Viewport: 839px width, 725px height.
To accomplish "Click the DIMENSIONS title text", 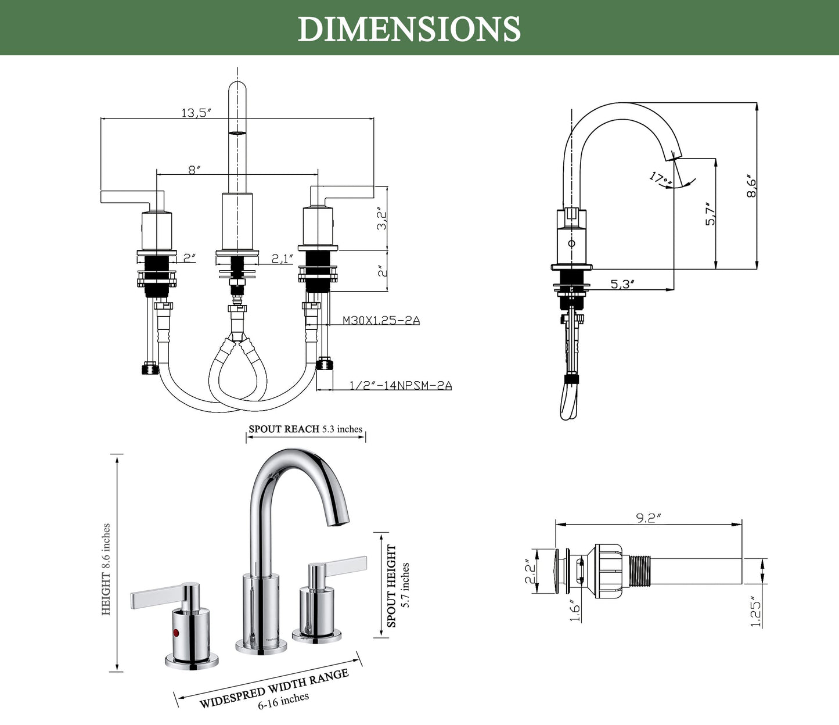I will pyautogui.click(x=409, y=28).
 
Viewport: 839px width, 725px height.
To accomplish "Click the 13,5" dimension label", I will pyautogui.click(x=195, y=113).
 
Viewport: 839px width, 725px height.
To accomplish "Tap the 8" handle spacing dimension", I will pyautogui.click(x=194, y=169).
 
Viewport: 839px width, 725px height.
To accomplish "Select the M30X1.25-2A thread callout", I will pyautogui.click(x=381, y=320).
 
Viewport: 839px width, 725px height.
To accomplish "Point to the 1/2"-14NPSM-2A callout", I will pyautogui.click(x=401, y=385).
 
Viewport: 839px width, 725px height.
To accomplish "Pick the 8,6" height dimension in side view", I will pyautogui.click(x=752, y=186).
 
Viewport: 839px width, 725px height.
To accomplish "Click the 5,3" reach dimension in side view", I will pyautogui.click(x=622, y=284).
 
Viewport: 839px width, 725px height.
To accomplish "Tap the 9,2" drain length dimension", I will pyautogui.click(x=648, y=518).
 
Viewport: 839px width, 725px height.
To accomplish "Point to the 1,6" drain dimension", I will pyautogui.click(x=575, y=611).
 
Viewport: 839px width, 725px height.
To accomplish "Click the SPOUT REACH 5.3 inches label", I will pyautogui.click(x=305, y=429).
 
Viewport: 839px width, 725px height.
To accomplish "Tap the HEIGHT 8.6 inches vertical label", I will pyautogui.click(x=106, y=569).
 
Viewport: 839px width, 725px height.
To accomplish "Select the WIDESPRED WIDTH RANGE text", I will pyautogui.click(x=274, y=688).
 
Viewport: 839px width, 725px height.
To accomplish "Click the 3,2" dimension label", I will pyautogui.click(x=381, y=218).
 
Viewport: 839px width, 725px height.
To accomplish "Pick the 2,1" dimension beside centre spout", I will pyautogui.click(x=283, y=258).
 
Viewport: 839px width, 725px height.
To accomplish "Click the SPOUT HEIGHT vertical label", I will pyautogui.click(x=392, y=586).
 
